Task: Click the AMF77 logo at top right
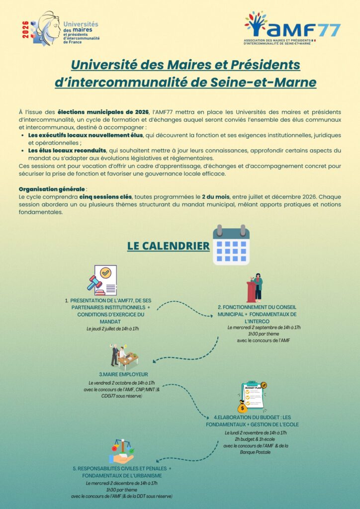coord(292,28)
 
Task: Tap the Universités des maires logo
coord(62,29)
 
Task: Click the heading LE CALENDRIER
coord(168,246)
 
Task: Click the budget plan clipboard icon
coord(251,397)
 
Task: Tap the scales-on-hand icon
coord(121,451)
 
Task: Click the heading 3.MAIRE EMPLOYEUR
coord(123,374)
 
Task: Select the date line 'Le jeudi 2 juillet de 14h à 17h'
coord(112,329)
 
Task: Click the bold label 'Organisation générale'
coord(51,189)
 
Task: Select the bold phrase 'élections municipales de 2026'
coord(99,112)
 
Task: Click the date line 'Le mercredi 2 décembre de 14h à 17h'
coord(122,483)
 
